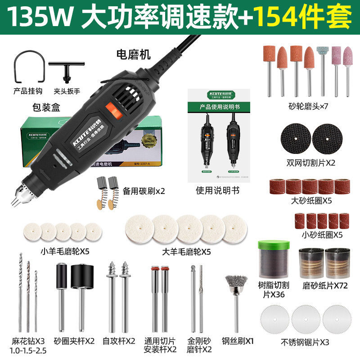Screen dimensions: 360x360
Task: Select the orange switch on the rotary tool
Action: (x=111, y=111)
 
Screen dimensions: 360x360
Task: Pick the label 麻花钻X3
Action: (x=28, y=341)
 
